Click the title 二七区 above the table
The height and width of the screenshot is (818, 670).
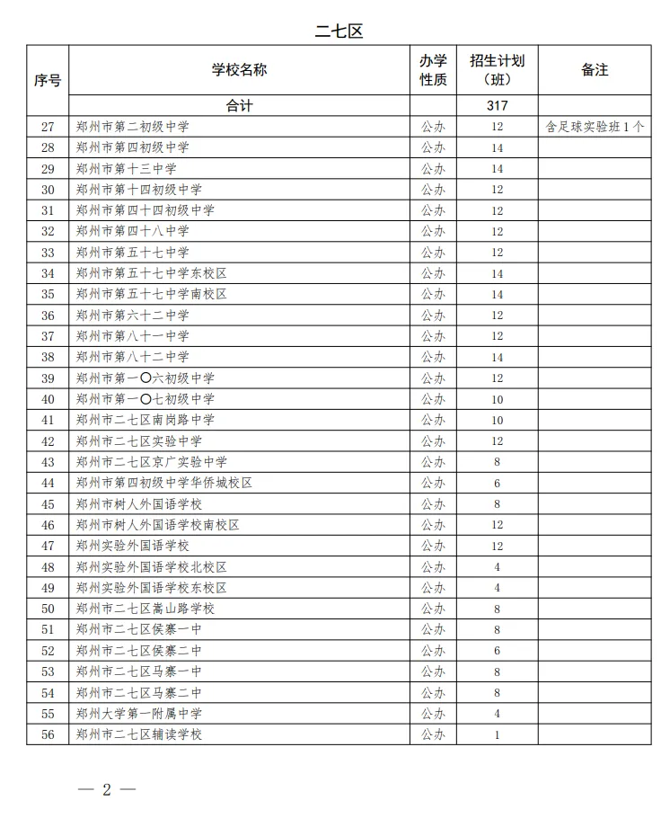point(339,31)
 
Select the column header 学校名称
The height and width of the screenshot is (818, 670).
point(239,69)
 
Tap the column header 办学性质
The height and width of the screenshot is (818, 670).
point(433,69)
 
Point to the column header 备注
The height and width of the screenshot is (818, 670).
point(595,69)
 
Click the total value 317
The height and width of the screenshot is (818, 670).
point(497,105)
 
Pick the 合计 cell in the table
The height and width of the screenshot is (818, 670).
point(239,105)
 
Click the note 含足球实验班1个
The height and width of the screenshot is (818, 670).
point(595,127)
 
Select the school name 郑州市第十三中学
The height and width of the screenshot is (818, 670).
point(127,169)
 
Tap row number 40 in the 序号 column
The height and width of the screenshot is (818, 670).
point(48,399)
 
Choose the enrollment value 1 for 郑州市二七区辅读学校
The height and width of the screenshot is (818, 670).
point(497,735)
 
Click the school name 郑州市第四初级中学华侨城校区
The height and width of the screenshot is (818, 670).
point(164,483)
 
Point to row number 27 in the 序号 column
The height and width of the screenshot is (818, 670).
point(48,127)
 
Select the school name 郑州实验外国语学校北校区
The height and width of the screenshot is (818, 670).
point(152,567)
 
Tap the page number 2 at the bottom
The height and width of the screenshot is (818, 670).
point(106,790)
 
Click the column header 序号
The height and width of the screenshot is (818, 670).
point(48,80)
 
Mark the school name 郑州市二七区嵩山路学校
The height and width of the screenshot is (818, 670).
point(145,609)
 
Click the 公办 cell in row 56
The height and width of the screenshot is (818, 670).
point(433,735)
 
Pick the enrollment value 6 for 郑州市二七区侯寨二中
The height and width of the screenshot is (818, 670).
point(497,651)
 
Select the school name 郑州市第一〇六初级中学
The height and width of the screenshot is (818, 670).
point(145,378)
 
